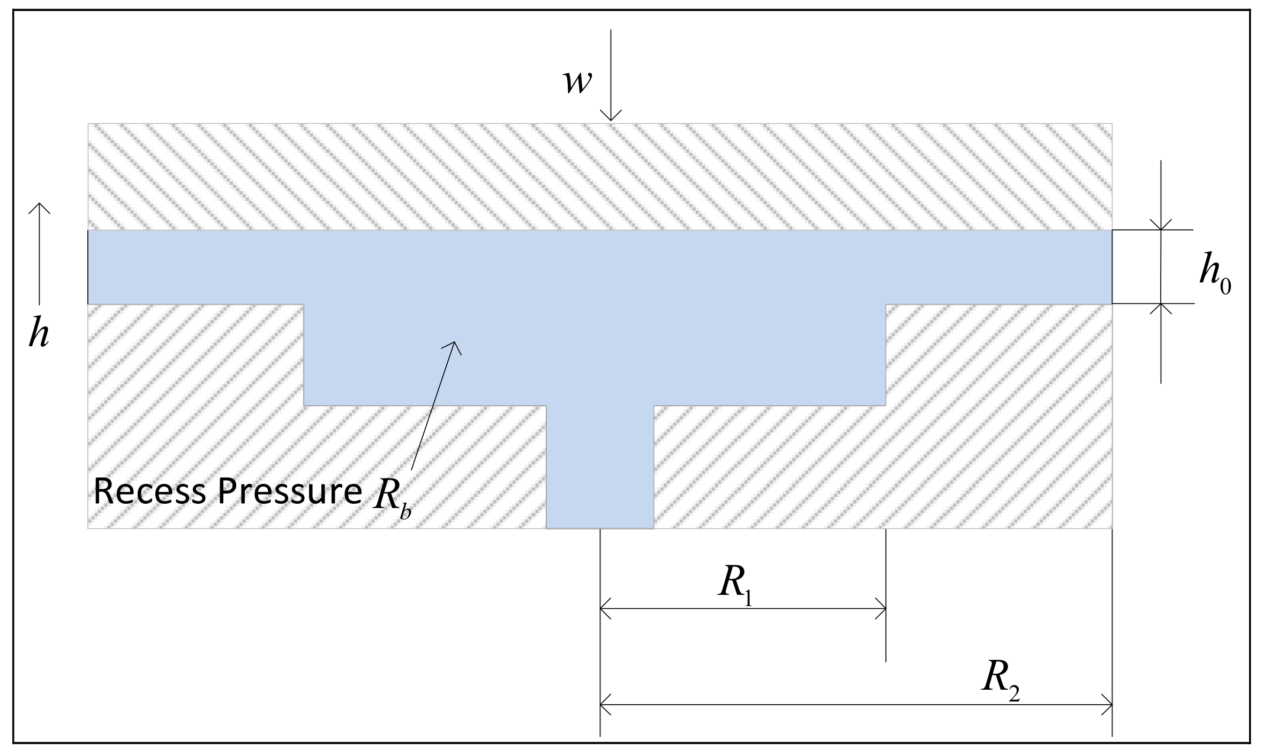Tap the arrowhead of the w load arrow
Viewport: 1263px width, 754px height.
tap(611, 117)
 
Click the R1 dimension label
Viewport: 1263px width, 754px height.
tap(735, 586)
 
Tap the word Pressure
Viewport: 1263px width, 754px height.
tap(290, 492)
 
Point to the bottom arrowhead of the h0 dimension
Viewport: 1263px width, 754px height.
tap(1161, 308)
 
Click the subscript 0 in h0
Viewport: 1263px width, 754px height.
tap(1225, 287)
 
